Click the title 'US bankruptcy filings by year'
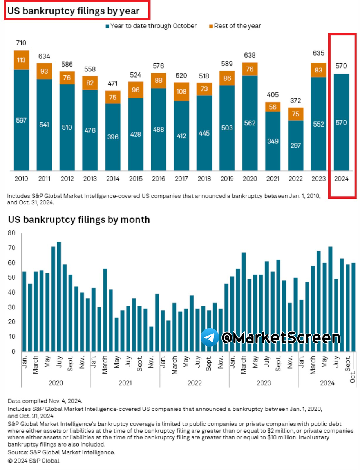(74, 11)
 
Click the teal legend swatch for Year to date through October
(107, 26)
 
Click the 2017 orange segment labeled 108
(181, 92)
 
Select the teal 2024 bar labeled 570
(341, 122)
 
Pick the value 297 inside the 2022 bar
(296, 146)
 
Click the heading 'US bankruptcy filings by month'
(79, 219)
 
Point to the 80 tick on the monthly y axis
(12, 233)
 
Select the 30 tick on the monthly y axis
(12, 307)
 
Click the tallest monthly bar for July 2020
(59, 296)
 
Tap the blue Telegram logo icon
(210, 337)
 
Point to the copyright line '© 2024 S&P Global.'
(34, 461)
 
